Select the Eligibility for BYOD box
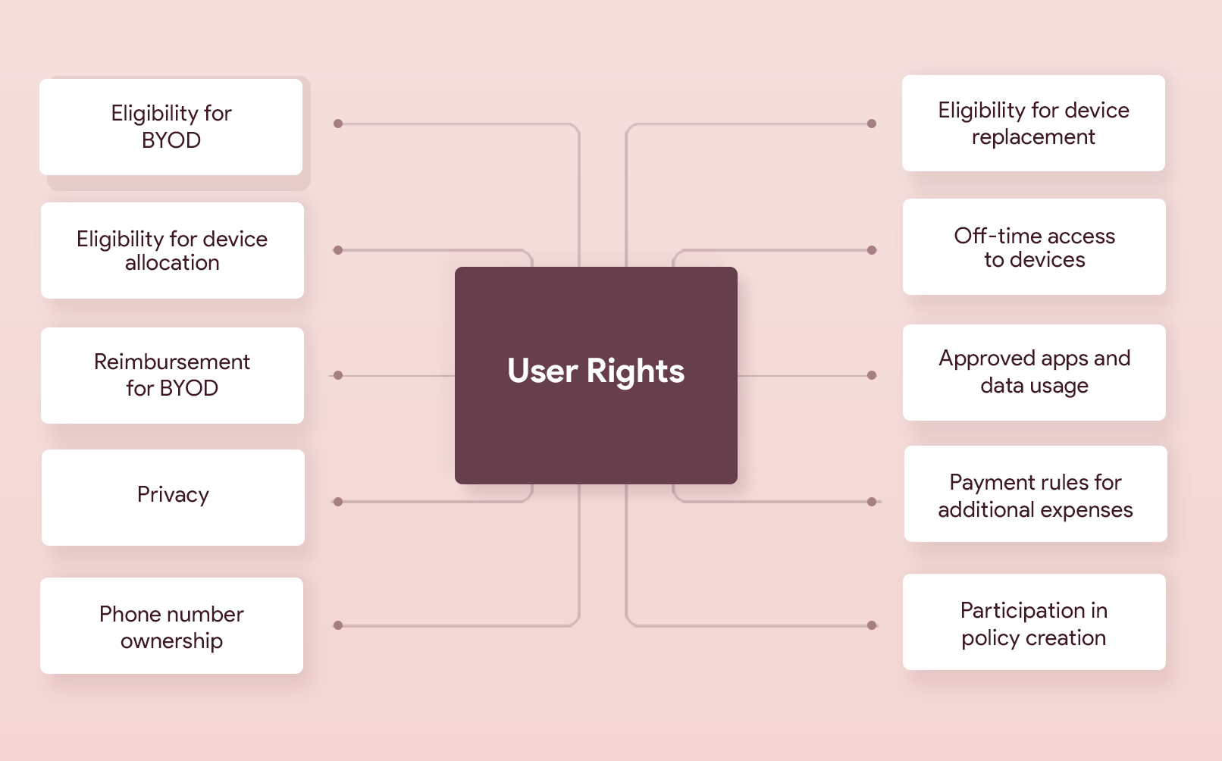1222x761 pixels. [x=171, y=127]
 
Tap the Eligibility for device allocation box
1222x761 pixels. [x=172, y=250]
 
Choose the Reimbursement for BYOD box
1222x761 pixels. [x=172, y=375]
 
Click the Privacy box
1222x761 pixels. [x=173, y=497]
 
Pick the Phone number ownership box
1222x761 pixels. [x=171, y=625]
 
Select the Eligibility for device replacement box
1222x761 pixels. [x=1033, y=123]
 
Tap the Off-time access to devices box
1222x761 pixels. [x=1034, y=246]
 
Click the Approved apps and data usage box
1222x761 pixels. [x=1034, y=372]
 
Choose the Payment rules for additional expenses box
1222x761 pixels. [x=1036, y=493]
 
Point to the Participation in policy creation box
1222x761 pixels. [x=1034, y=622]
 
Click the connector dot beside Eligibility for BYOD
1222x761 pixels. [x=338, y=124]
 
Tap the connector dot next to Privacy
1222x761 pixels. [x=338, y=502]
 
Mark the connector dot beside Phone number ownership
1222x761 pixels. [x=338, y=625]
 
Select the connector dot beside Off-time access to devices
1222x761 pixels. [x=872, y=250]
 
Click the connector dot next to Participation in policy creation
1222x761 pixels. [x=872, y=625]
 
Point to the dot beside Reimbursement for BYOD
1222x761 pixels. [x=338, y=375]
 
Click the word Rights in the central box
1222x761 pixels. [x=635, y=371]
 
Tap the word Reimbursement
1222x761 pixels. [x=172, y=362]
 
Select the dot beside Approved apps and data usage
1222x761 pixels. [x=872, y=375]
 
